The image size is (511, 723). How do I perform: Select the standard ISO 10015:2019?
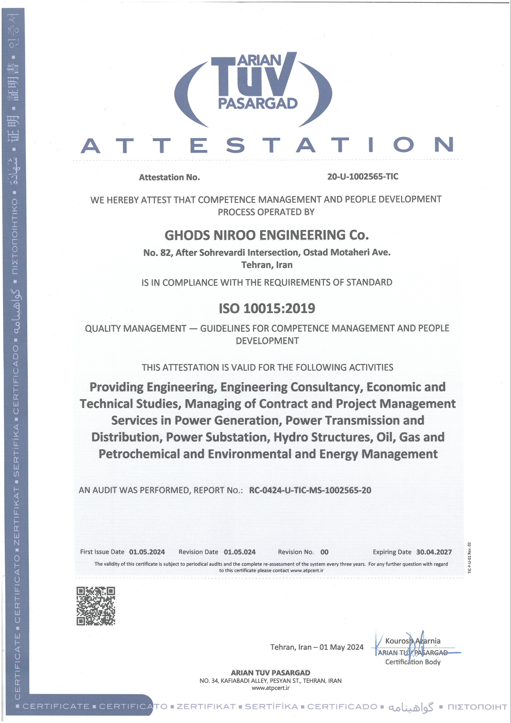pyautogui.click(x=267, y=308)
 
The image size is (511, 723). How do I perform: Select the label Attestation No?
pyautogui.click(x=169, y=177)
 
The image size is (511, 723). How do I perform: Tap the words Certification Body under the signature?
pyautogui.click(x=413, y=662)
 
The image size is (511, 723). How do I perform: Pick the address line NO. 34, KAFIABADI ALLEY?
pyautogui.click(x=270, y=681)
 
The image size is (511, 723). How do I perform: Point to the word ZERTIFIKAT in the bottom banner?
pyautogui.click(x=206, y=707)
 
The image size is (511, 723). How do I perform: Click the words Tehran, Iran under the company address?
pyautogui.click(x=267, y=265)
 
